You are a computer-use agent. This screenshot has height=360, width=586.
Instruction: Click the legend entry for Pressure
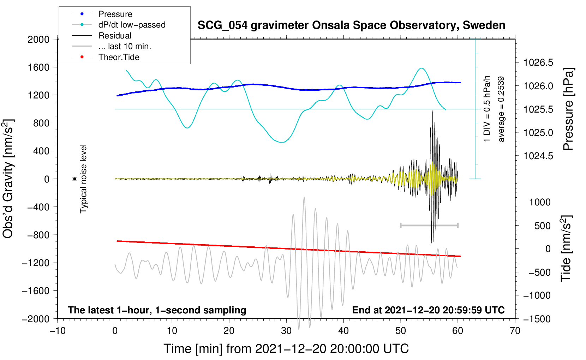(x=115, y=14)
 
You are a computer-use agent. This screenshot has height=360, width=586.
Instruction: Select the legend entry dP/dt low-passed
(x=132, y=25)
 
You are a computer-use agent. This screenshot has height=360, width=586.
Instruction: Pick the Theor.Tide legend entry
(x=119, y=57)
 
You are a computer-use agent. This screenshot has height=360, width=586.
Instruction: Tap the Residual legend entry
(x=115, y=36)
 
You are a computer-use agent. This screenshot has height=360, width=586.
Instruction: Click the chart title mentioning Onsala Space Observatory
(x=351, y=25)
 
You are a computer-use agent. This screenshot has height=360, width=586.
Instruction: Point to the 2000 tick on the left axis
(x=38, y=40)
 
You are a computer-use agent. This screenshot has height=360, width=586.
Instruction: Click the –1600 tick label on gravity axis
(x=36, y=291)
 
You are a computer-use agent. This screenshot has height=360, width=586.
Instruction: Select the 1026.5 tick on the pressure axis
(x=538, y=63)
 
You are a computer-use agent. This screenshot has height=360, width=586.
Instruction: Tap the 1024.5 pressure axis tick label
(x=538, y=156)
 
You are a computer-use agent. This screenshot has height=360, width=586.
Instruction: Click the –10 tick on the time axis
(x=58, y=331)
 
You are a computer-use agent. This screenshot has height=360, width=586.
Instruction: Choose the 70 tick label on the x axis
(x=515, y=331)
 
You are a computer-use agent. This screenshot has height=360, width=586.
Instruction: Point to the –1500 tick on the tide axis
(x=537, y=319)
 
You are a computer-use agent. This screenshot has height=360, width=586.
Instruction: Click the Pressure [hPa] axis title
(x=568, y=109)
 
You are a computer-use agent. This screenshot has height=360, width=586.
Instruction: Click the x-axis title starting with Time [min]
(x=286, y=349)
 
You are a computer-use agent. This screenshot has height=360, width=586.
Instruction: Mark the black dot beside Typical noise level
(x=75, y=179)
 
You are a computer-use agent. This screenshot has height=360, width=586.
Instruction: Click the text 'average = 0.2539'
(x=501, y=109)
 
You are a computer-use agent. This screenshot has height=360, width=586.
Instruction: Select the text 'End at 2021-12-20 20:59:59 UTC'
(x=428, y=310)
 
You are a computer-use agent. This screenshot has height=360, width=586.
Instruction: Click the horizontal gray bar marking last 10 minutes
(x=429, y=225)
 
